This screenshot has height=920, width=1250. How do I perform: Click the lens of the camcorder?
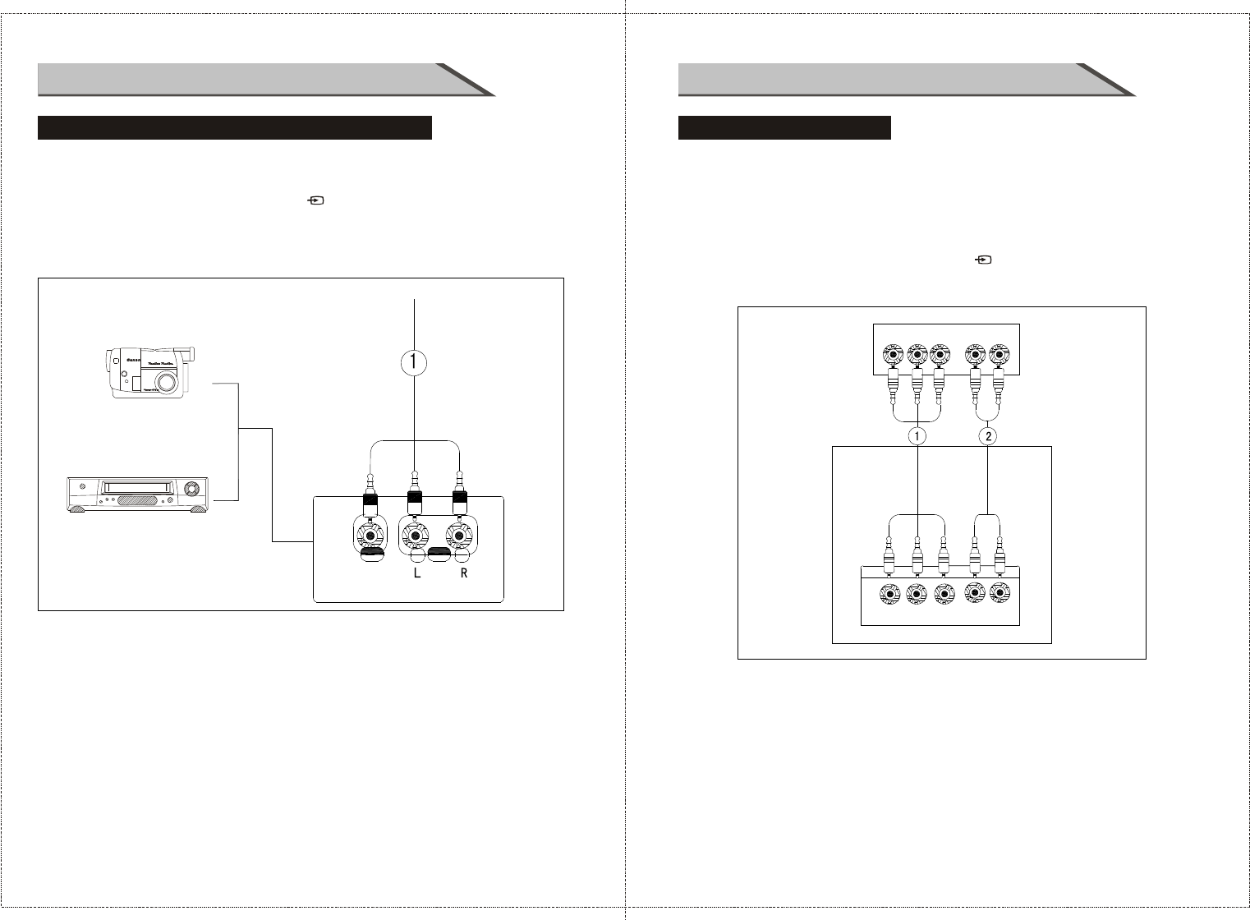click(168, 382)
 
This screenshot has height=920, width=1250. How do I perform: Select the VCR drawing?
click(137, 495)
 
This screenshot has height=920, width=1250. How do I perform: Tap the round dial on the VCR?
click(193, 488)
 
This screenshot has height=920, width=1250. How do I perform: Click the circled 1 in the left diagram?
click(415, 363)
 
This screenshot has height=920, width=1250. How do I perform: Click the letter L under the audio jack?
click(416, 574)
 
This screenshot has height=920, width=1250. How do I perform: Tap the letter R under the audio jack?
click(464, 574)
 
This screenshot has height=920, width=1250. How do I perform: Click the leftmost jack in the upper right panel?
click(893, 355)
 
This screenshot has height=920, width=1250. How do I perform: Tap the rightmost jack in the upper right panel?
click(999, 355)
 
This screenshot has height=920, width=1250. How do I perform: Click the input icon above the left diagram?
click(315, 200)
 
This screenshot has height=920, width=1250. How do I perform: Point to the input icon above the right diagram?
click(982, 260)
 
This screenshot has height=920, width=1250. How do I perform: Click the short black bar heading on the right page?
click(784, 128)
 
